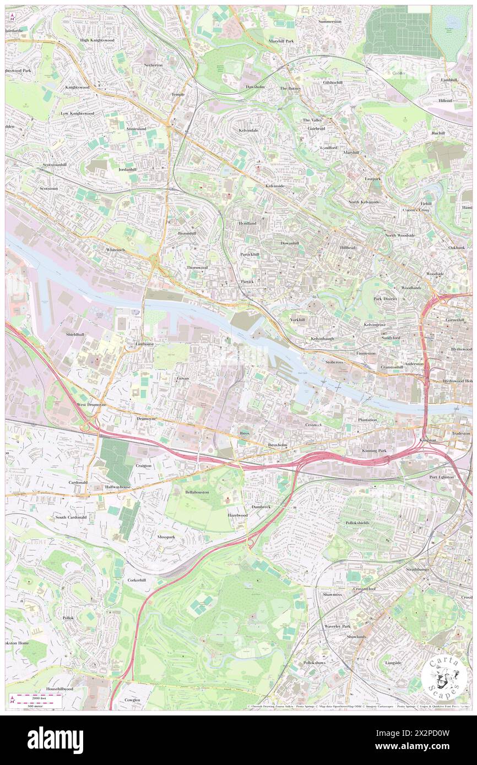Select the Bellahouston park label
(x=197, y=491)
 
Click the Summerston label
(x=330, y=21)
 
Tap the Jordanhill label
(x=127, y=170)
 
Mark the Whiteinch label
(x=116, y=249)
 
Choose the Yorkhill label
(x=297, y=320)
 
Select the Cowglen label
(x=132, y=700)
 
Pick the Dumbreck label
(x=261, y=506)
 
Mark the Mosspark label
(x=166, y=536)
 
